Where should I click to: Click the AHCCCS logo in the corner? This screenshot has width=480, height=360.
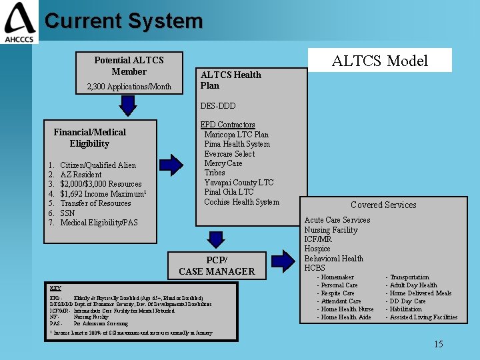[19, 22]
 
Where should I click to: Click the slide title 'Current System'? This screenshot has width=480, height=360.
[123, 21]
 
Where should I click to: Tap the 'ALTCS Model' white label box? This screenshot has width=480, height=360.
[379, 61]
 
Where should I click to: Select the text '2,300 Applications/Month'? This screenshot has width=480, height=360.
[129, 87]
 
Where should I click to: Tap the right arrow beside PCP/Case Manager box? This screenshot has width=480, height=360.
[280, 263]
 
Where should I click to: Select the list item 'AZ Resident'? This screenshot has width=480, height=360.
[81, 175]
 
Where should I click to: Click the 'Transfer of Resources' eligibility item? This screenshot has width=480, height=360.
[95, 203]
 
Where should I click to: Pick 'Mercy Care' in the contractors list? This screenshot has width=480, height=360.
[223, 163]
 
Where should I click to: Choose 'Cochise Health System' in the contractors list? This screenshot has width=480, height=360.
[241, 202]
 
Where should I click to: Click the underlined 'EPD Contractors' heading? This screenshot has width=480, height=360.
[227, 125]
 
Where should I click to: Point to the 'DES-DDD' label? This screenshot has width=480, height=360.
[218, 106]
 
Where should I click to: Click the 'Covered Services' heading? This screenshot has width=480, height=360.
[383, 205]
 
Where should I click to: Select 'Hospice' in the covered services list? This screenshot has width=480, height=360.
[317, 249]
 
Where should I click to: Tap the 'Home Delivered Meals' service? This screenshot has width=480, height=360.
[421, 293]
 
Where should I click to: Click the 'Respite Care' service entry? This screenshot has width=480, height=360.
[337, 293]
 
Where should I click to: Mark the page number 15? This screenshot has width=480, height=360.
[438, 344]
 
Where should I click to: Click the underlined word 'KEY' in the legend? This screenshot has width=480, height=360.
[55, 287]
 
